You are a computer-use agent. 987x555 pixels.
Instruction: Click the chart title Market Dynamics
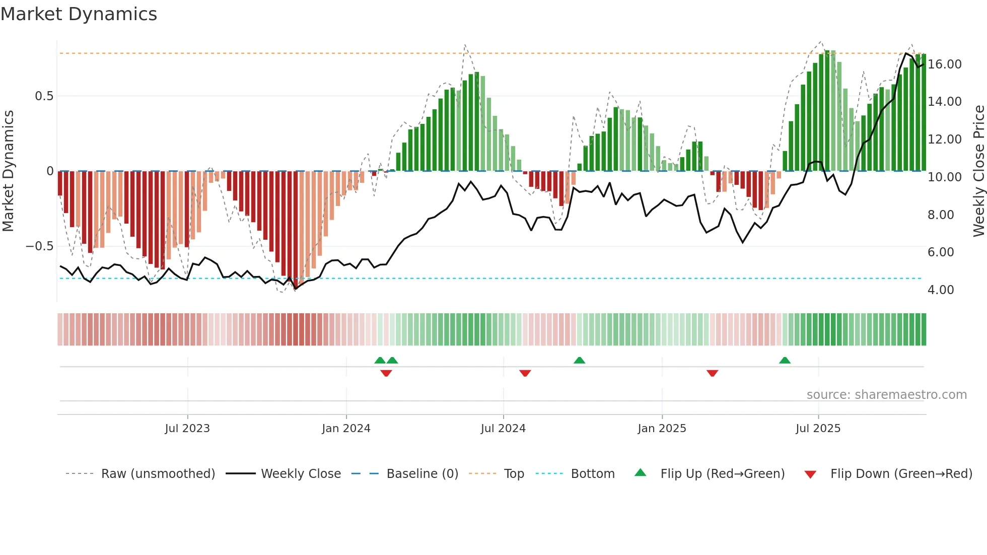click(x=79, y=14)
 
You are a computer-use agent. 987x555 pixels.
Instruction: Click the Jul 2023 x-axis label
click(x=187, y=429)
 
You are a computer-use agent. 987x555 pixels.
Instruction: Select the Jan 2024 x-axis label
click(x=346, y=429)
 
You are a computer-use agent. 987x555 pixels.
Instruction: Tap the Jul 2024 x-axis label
click(x=503, y=429)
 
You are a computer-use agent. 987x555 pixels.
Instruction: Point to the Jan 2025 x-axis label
click(x=662, y=429)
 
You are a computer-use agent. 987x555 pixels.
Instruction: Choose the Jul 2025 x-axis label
click(x=818, y=429)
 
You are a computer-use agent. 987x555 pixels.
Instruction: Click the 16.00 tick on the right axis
click(x=945, y=64)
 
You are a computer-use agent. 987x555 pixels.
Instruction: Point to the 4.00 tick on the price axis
click(x=941, y=290)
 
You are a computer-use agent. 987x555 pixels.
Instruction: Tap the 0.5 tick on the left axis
click(x=44, y=96)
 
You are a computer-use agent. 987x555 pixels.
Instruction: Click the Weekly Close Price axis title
click(x=978, y=171)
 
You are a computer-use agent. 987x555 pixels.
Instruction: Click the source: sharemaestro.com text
click(x=886, y=395)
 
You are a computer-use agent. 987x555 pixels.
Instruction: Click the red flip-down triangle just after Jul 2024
click(x=525, y=373)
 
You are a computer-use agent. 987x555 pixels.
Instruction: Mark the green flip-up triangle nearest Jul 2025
click(x=785, y=360)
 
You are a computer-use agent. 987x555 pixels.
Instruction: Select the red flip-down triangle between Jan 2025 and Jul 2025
click(x=712, y=373)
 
